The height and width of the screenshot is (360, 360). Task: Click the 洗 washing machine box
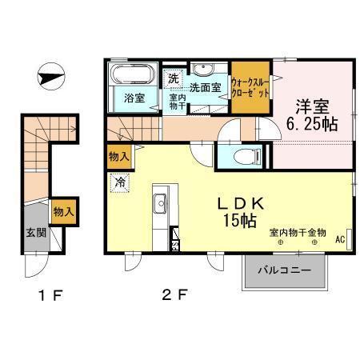174,78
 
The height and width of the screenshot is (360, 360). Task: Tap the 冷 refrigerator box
118,182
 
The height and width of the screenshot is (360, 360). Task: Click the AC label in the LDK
338,239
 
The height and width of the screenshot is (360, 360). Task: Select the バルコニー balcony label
284,271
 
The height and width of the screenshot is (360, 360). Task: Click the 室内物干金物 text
298,232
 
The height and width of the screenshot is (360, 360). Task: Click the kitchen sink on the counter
158,201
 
